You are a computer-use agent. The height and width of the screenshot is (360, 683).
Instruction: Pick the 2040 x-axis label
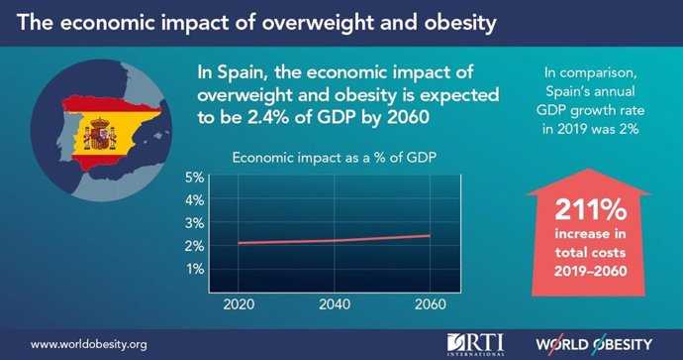pyautogui.click(x=335, y=302)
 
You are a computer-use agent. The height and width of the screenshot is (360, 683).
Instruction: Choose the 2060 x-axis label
pyautogui.click(x=430, y=302)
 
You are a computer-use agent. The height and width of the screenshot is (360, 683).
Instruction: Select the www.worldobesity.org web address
pyautogui.click(x=89, y=344)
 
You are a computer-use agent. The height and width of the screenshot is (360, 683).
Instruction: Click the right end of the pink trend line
pyautogui.click(x=429, y=236)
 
